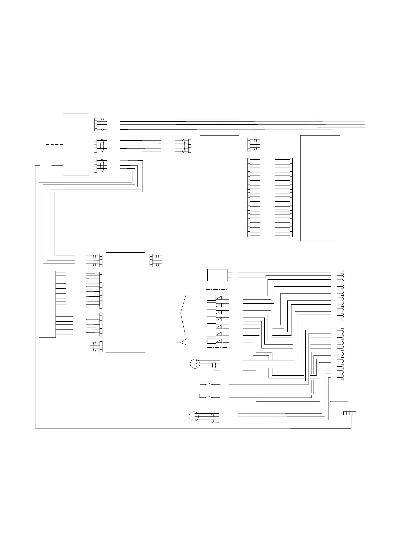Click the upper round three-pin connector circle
tap(195, 364)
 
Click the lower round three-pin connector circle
tap(193, 416)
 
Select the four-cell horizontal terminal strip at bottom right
tap(349, 413)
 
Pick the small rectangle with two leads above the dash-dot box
tap(217, 275)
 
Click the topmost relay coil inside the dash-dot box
tap(212, 298)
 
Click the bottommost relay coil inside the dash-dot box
tap(212, 341)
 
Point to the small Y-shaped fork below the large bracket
tap(183, 342)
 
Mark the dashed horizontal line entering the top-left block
tap(54, 144)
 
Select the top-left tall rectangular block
tap(76, 145)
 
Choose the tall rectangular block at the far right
tap(320, 188)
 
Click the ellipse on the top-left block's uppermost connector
tap(102, 124)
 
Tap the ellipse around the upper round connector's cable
tap(214, 365)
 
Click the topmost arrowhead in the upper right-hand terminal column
tap(342, 272)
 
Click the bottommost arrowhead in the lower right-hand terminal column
tap(342, 377)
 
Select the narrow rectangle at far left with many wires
tap(47, 304)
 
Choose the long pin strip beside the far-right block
tap(291, 197)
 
